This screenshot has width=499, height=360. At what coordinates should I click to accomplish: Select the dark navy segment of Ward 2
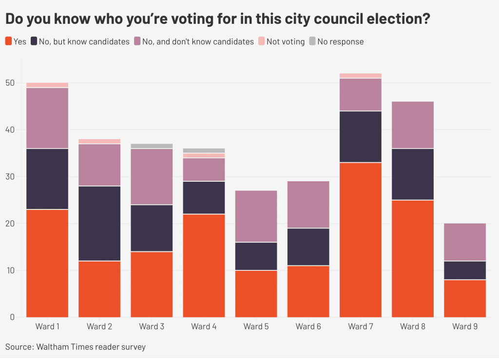click(99, 223)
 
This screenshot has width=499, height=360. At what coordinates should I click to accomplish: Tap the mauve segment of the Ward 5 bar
click(256, 216)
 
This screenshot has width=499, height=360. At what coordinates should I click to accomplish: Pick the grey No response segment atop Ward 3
click(152, 146)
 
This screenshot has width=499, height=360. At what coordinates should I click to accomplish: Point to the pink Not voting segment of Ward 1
click(47, 85)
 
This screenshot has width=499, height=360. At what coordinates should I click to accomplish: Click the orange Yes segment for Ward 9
click(465, 298)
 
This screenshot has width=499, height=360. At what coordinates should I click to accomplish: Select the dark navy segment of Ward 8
click(413, 174)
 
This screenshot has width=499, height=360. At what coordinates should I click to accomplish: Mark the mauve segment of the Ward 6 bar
click(308, 204)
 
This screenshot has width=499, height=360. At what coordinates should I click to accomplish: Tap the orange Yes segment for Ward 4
click(204, 265)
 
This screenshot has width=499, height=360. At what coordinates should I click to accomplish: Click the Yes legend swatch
click(9, 41)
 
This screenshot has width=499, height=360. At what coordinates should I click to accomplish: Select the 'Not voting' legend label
click(285, 41)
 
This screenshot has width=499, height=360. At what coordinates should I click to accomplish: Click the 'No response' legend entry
click(340, 41)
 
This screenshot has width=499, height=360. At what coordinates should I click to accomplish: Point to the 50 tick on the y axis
click(10, 83)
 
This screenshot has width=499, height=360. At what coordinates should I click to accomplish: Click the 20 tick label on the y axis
click(10, 224)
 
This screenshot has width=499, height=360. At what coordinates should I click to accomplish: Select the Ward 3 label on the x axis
click(152, 326)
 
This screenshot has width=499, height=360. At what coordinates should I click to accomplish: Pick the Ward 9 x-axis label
click(465, 326)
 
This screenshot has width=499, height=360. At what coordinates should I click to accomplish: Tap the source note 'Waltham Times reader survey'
click(92, 347)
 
